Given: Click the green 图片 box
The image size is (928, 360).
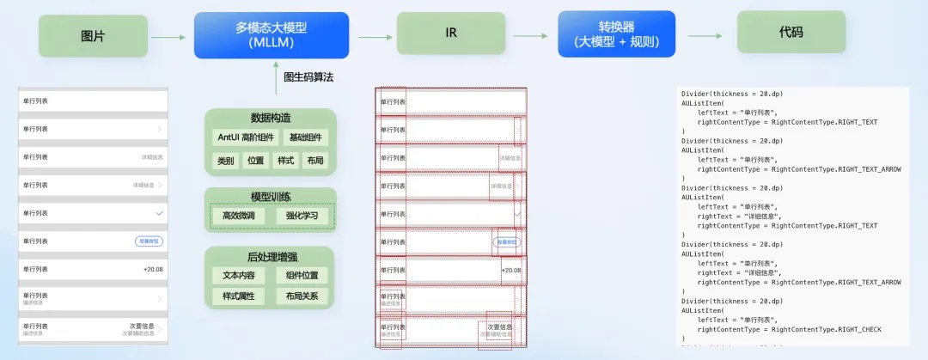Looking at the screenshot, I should click(92, 36).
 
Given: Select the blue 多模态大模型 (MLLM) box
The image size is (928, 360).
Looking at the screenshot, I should click(271, 35).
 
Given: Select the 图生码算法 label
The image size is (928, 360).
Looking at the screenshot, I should click(308, 77).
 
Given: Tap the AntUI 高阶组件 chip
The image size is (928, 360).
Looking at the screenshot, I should click(245, 137).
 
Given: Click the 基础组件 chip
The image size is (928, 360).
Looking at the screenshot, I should click(306, 137).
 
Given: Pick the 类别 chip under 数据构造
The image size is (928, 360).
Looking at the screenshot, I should click(225, 161).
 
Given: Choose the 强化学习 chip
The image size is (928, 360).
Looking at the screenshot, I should click(302, 215).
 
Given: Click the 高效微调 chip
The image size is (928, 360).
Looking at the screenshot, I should click(239, 215).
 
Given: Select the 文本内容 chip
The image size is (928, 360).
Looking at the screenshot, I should click(239, 276).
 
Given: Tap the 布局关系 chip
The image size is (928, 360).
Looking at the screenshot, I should click(302, 296).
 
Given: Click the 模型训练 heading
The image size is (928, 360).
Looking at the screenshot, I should click(270, 196).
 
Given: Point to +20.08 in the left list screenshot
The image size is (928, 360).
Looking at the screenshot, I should click(153, 269).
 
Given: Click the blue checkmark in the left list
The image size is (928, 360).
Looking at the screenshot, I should click(159, 212).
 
